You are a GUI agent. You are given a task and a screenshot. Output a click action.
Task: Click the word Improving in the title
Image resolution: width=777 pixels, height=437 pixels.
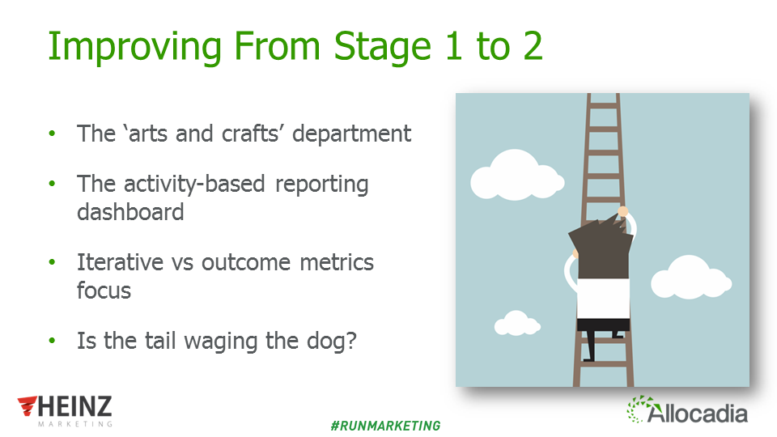click(x=135, y=47)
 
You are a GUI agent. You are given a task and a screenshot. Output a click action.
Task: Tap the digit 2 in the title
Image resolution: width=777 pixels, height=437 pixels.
click(x=533, y=46)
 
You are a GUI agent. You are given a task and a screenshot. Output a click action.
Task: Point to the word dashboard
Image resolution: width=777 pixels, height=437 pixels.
click(x=130, y=212)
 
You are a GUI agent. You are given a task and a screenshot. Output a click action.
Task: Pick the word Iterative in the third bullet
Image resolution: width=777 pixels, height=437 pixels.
click(x=120, y=262)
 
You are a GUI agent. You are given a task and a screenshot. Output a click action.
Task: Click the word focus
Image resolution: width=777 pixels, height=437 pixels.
click(x=104, y=291)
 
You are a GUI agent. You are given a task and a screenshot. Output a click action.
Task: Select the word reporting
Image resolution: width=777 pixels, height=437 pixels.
click(x=321, y=185)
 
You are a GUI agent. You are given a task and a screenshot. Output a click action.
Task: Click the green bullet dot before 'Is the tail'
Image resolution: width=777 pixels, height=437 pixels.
click(x=52, y=341)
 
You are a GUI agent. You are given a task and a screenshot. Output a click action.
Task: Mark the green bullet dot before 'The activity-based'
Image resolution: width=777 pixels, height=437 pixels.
click(x=52, y=184)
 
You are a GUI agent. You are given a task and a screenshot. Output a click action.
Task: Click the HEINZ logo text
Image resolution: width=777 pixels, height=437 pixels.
click(x=74, y=406)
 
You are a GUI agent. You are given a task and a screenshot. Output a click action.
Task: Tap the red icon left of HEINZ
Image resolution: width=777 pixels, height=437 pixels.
click(x=28, y=405)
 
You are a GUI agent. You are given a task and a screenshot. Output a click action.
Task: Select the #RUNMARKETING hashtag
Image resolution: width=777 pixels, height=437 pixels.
click(x=385, y=426)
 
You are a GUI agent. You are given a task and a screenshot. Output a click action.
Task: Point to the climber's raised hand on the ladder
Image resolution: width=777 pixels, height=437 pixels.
click(x=623, y=212)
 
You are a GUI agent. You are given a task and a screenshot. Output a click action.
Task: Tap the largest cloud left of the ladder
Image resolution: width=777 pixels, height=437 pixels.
click(x=517, y=175)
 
